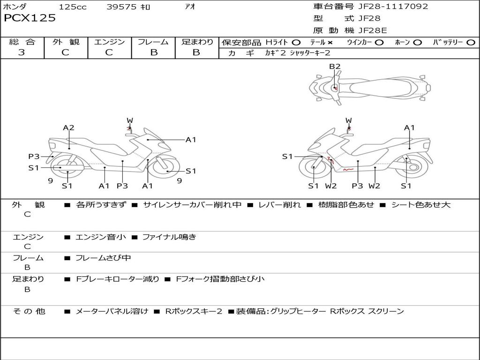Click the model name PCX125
[30, 18]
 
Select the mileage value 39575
[121, 7]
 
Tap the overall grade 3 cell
[22, 52]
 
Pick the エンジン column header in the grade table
[109, 42]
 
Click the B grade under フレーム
[153, 52]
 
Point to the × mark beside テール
[330, 42]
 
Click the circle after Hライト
[296, 42]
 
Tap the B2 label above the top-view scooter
[334, 67]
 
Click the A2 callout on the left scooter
[69, 127]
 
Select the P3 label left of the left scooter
[34, 157]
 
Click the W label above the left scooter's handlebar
[130, 120]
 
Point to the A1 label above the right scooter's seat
[409, 127]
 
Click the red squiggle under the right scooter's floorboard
[348, 169]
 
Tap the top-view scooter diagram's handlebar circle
[335, 88]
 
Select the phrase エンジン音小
[101, 237]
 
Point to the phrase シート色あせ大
[420, 205]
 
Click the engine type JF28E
[373, 30]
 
